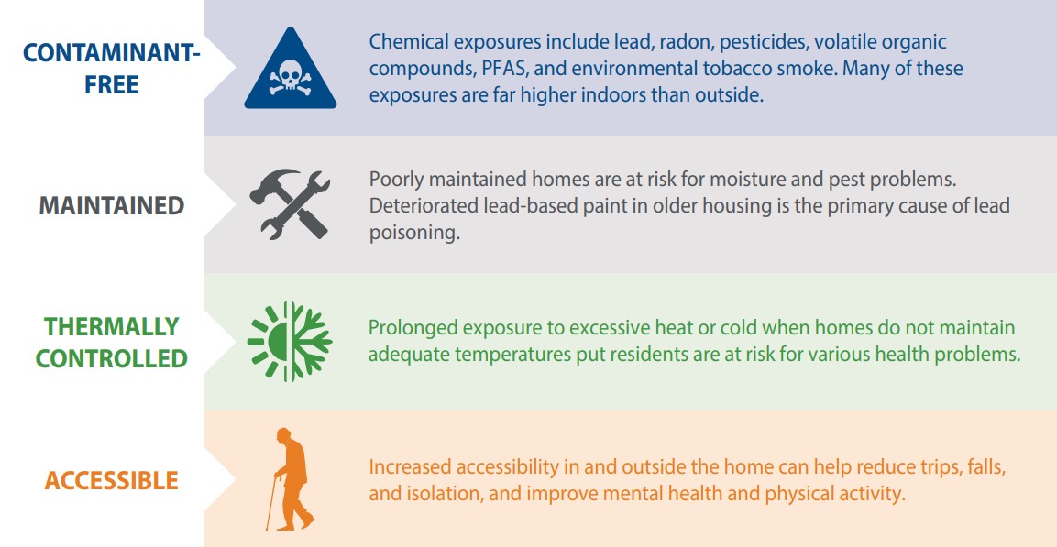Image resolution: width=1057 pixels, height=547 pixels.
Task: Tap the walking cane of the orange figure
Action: [x=271, y=503]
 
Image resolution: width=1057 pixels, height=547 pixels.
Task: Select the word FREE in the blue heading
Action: [x=111, y=85]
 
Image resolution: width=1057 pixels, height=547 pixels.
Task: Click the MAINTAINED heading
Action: [x=111, y=205]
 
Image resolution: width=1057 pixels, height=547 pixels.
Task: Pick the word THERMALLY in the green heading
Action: [x=112, y=326]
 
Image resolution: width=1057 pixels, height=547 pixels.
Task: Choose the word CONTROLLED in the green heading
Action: [x=111, y=357]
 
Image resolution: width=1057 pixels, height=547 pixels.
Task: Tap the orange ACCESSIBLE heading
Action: [x=111, y=480]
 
